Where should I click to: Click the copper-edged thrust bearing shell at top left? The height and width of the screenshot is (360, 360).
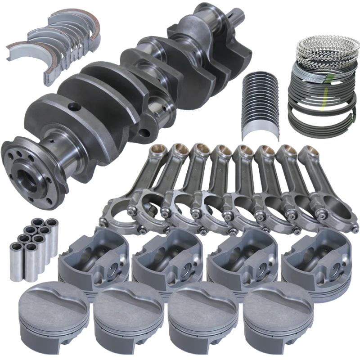[76, 22]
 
